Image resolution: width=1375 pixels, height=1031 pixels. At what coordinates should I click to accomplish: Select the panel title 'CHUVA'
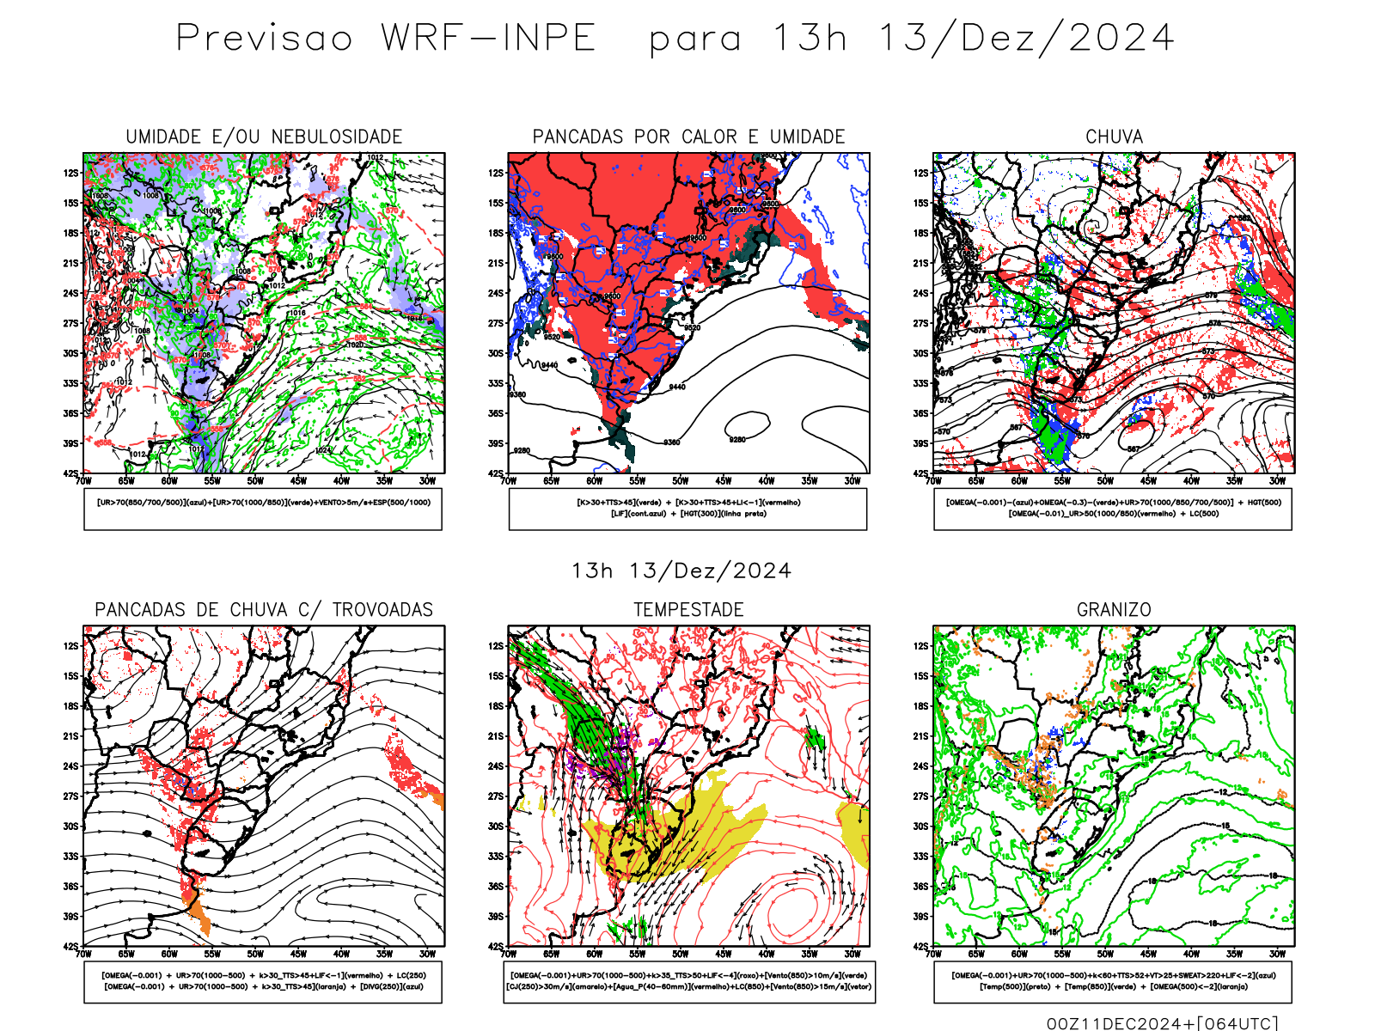1114,137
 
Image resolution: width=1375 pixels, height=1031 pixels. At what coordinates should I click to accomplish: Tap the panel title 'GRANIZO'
1114,610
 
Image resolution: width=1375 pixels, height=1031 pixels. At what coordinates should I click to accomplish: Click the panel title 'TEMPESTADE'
688,610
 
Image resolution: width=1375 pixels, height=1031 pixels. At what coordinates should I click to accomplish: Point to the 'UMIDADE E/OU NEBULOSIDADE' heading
264,137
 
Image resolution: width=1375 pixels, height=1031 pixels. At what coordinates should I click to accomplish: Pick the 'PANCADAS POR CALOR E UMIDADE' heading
688,137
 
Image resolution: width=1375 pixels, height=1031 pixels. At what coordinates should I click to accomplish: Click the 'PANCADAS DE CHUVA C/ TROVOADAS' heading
264,610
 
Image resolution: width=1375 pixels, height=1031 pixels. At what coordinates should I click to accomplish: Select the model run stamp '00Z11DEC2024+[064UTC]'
1162,1023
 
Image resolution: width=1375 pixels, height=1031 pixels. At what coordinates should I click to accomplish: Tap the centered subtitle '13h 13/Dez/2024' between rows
681,571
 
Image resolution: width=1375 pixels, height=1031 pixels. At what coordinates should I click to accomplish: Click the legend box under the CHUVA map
1113,509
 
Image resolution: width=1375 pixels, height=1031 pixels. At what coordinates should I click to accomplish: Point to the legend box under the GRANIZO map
1113,981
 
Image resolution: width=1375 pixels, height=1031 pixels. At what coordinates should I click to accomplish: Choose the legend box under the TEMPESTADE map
688,981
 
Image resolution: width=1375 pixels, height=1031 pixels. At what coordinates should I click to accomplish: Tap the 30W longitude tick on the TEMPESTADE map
852,954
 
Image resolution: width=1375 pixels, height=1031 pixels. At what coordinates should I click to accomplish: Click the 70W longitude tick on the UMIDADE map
83,481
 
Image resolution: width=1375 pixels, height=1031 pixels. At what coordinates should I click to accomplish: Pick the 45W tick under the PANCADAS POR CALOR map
724,481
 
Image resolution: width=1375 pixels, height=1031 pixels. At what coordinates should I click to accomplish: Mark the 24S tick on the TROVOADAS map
70,766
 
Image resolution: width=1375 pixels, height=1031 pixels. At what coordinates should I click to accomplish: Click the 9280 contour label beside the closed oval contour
737,440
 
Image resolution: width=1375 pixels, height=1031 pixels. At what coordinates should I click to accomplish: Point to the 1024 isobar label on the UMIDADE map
323,450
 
